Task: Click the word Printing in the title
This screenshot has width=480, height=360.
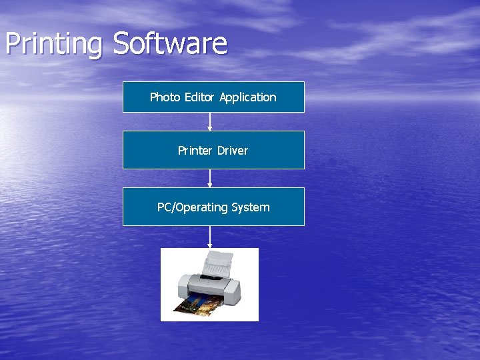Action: pyautogui.click(x=54, y=45)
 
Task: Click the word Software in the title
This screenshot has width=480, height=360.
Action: pyautogui.click(x=170, y=43)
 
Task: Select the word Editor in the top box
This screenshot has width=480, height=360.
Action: pyautogui.click(x=199, y=97)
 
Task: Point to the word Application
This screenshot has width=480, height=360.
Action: pyautogui.click(x=247, y=97)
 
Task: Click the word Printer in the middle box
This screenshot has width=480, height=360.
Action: pyautogui.click(x=194, y=151)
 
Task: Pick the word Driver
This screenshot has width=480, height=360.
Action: pyautogui.click(x=232, y=151)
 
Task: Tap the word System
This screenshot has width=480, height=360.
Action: pyautogui.click(x=251, y=207)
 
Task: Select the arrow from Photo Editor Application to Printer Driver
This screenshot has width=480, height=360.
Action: pyautogui.click(x=210, y=121)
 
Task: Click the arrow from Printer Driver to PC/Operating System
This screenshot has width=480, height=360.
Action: pyautogui.click(x=210, y=178)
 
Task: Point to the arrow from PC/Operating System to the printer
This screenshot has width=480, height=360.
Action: pyautogui.click(x=210, y=237)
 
